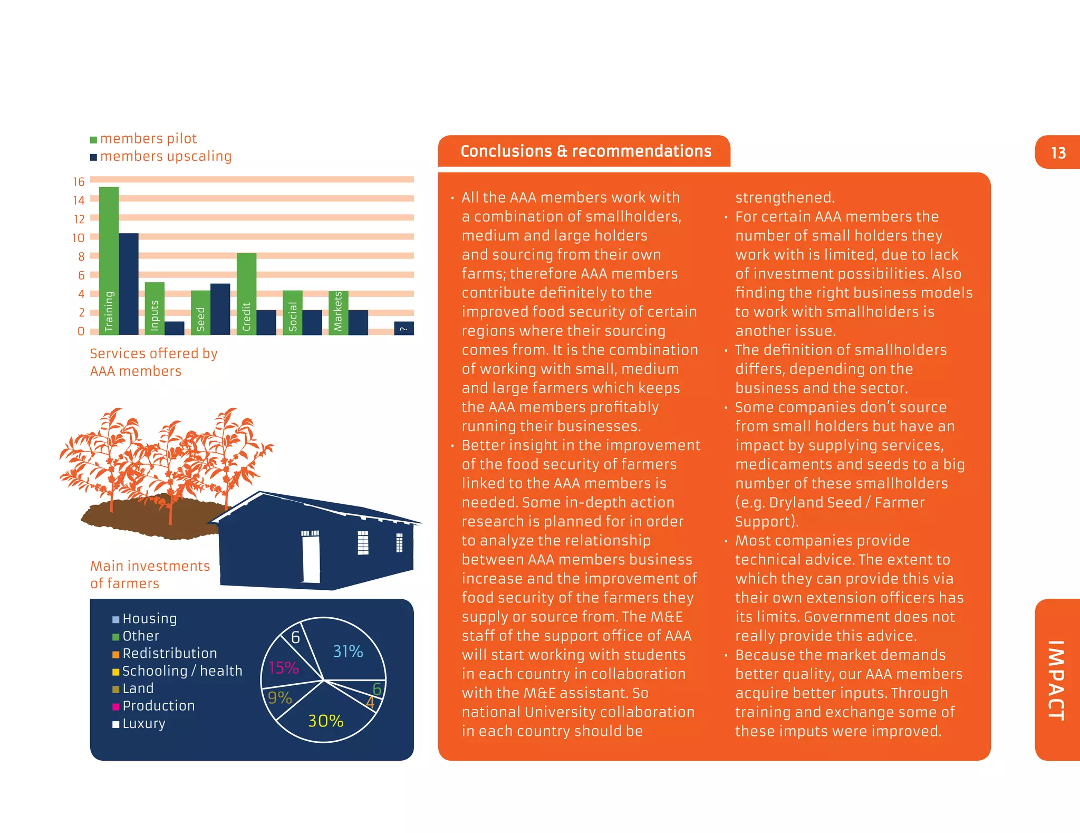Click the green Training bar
pos(109,261)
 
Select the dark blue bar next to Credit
pos(266,322)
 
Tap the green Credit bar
pos(246,293)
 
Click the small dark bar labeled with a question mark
pos(404,328)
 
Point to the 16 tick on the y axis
pos(79,182)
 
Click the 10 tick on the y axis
pos(79,238)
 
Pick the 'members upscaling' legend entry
pos(161,157)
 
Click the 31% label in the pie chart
pos(348,652)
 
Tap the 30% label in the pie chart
pos(325,721)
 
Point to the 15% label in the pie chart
pos(284,668)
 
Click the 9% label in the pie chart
pos(279,698)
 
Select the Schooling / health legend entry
pos(177,671)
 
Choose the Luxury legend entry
pos(139,724)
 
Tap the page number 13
pos(1058,153)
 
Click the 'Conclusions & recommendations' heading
pos(586,151)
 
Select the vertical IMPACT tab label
pos(1056,680)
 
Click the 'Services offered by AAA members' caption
pos(153,362)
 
